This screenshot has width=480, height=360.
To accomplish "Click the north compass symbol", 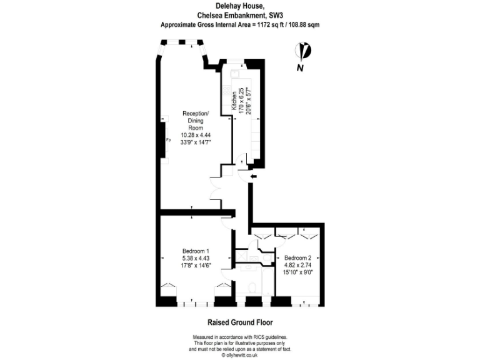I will click(304, 51).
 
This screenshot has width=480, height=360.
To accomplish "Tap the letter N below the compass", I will click(301, 67).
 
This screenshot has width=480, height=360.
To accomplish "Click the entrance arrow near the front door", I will click(252, 177).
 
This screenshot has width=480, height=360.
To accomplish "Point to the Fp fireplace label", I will click(168, 140).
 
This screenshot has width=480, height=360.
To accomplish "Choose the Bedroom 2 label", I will click(297, 258).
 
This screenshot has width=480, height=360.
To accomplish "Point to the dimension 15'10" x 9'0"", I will click(298, 272).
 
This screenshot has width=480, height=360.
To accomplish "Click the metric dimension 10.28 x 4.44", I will click(196, 134).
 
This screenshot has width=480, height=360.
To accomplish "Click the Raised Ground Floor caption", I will click(240, 322).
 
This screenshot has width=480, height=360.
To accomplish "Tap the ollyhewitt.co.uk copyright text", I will click(240, 354).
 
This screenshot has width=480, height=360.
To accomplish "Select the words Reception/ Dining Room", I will click(196, 120).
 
